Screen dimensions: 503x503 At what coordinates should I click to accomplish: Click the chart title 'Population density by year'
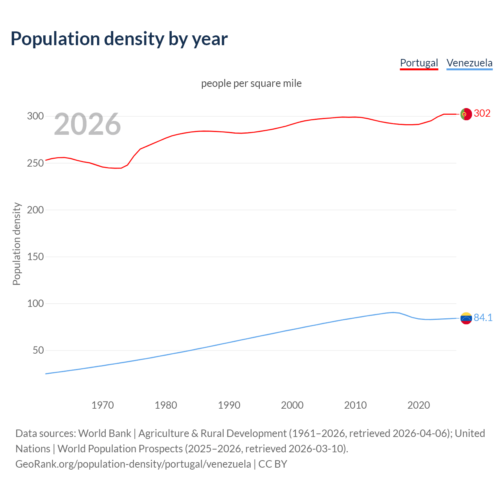tap(119, 39)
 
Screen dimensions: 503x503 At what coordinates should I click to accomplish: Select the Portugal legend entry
tap(419, 63)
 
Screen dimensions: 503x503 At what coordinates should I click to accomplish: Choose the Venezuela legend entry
tap(469, 63)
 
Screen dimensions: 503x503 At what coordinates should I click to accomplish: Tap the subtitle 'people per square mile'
tap(251, 83)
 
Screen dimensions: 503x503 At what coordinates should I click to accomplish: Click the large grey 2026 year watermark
tap(87, 124)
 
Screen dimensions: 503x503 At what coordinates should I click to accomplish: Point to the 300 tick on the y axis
tap(35, 116)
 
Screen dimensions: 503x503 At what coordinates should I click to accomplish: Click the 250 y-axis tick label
tap(35, 163)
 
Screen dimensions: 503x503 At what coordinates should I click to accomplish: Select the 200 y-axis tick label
tap(35, 210)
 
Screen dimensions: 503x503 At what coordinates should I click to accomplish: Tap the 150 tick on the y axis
tap(35, 257)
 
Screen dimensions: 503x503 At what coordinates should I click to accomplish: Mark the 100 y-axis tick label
tap(35, 303)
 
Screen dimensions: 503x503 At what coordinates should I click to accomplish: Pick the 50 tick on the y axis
tap(38, 350)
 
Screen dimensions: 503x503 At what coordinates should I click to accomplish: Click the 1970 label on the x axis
tap(103, 405)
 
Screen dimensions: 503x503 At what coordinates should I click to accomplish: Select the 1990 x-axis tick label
tap(229, 405)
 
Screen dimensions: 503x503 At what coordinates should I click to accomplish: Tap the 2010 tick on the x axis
tap(355, 405)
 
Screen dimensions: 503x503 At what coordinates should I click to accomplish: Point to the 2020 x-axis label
tap(419, 405)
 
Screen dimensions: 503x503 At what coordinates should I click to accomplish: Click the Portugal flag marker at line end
tap(466, 114)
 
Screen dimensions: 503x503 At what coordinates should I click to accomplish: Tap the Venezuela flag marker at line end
tap(466, 318)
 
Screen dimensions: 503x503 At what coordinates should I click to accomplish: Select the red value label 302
tap(482, 114)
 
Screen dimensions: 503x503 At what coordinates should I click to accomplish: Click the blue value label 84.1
tap(483, 318)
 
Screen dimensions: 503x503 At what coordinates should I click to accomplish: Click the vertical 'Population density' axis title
tap(17, 244)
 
